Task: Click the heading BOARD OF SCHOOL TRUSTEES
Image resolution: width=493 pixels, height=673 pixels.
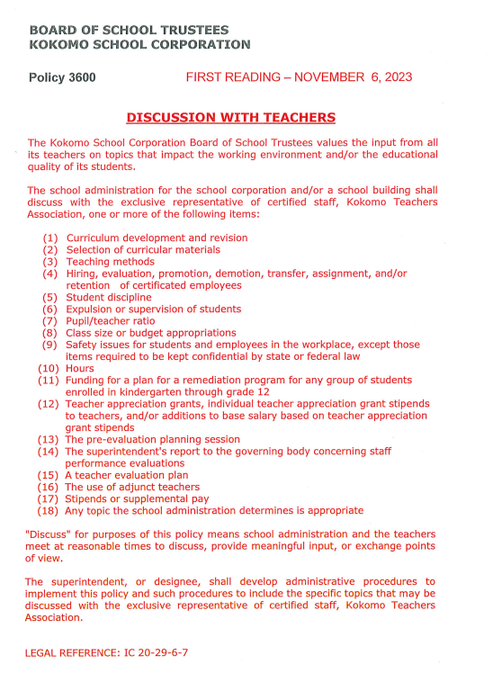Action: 129,31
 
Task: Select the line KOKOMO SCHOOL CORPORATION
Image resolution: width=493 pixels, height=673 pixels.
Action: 139,44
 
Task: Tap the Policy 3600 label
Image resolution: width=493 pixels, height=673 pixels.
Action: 63,77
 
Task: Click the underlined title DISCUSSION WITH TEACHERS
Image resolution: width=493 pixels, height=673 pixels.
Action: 231,118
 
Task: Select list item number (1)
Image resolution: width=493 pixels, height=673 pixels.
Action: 50,238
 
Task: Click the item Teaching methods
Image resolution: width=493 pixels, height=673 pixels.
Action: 110,262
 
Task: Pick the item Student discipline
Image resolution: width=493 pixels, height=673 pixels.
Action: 109,297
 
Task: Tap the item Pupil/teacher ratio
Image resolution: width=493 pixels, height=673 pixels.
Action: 110,320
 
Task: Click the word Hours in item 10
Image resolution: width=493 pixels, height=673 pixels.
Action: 79,368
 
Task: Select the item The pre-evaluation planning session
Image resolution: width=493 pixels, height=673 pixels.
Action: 152,439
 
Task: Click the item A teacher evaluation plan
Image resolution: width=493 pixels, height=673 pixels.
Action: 127,475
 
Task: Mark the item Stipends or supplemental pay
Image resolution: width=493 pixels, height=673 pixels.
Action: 137,498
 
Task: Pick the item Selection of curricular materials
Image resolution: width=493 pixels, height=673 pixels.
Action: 143,250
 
